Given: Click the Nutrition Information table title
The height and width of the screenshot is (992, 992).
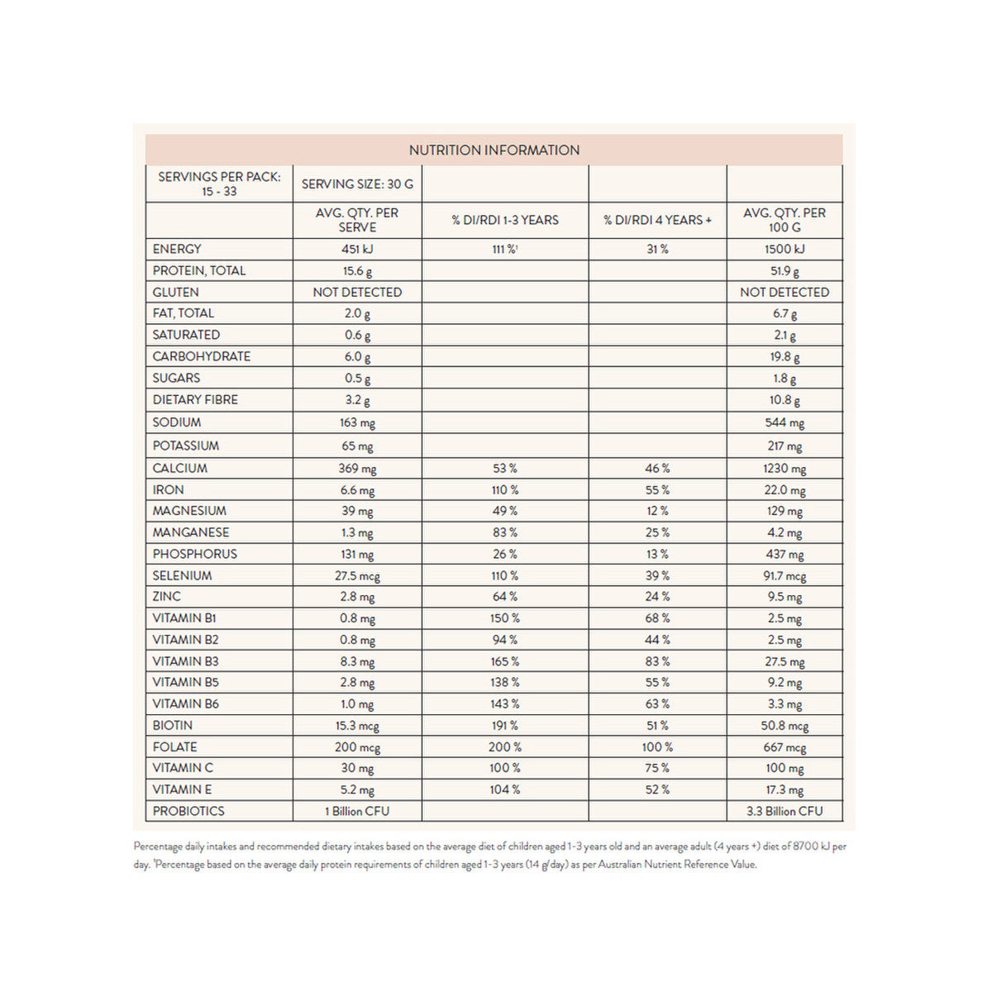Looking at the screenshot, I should pyautogui.click(x=494, y=150).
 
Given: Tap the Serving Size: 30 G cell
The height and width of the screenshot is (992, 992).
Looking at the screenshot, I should pyautogui.click(x=357, y=184).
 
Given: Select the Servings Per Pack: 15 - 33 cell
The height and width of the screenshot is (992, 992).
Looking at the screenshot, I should pyautogui.click(x=219, y=184).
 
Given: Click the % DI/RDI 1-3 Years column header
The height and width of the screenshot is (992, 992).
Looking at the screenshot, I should pyautogui.click(x=505, y=220).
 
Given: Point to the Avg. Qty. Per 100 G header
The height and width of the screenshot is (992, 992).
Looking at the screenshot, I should pyautogui.click(x=785, y=220).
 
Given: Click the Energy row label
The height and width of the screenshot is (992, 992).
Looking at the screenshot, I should pyautogui.click(x=177, y=249).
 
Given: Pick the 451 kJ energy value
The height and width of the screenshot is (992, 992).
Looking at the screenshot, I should pyautogui.click(x=357, y=249).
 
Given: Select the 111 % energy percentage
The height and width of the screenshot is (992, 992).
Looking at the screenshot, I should pyautogui.click(x=504, y=249).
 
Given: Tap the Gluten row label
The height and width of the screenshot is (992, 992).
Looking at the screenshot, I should pyautogui.click(x=175, y=293).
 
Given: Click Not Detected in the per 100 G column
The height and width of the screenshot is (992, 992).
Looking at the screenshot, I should pyautogui.click(x=785, y=293).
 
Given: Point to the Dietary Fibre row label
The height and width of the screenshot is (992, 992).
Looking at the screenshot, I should pyautogui.click(x=195, y=400).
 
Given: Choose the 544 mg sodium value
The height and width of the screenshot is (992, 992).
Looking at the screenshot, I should pyautogui.click(x=785, y=422).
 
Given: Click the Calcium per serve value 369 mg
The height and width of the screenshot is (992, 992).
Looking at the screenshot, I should pyautogui.click(x=357, y=469).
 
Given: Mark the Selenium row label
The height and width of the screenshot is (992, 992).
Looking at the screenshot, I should pyautogui.click(x=182, y=576).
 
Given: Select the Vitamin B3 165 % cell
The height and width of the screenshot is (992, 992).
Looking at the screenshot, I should pyautogui.click(x=504, y=661).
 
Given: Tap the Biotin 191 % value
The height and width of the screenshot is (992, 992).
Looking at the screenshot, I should pyautogui.click(x=504, y=726).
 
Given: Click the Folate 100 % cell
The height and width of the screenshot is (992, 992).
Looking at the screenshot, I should pyautogui.click(x=657, y=747).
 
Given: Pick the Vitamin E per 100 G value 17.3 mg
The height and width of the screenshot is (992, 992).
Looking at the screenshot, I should pyautogui.click(x=785, y=790).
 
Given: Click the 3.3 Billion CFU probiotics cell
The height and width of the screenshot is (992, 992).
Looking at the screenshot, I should pyautogui.click(x=785, y=812).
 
